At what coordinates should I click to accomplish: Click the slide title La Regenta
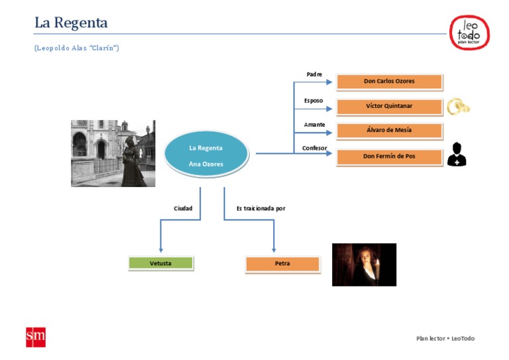71,23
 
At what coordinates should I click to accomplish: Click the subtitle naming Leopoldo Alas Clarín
76,48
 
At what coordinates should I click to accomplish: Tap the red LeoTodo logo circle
469,31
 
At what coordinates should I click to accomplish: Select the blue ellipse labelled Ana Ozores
205,156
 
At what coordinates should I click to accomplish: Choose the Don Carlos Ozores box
389,82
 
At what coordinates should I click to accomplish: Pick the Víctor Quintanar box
389,106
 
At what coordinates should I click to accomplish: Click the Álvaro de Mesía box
389,130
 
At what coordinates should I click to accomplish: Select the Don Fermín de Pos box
389,156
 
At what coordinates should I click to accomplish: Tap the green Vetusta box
160,263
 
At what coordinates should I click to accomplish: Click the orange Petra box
282,264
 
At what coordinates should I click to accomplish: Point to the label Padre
314,74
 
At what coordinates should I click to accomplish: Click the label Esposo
313,100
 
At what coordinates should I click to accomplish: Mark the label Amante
314,125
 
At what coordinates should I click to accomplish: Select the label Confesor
314,148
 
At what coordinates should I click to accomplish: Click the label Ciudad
183,208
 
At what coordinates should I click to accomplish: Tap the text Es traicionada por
260,208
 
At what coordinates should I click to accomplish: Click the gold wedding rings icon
457,106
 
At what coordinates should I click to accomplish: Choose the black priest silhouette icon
457,154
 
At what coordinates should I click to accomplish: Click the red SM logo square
35,337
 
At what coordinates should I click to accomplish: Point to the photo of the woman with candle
364,265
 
